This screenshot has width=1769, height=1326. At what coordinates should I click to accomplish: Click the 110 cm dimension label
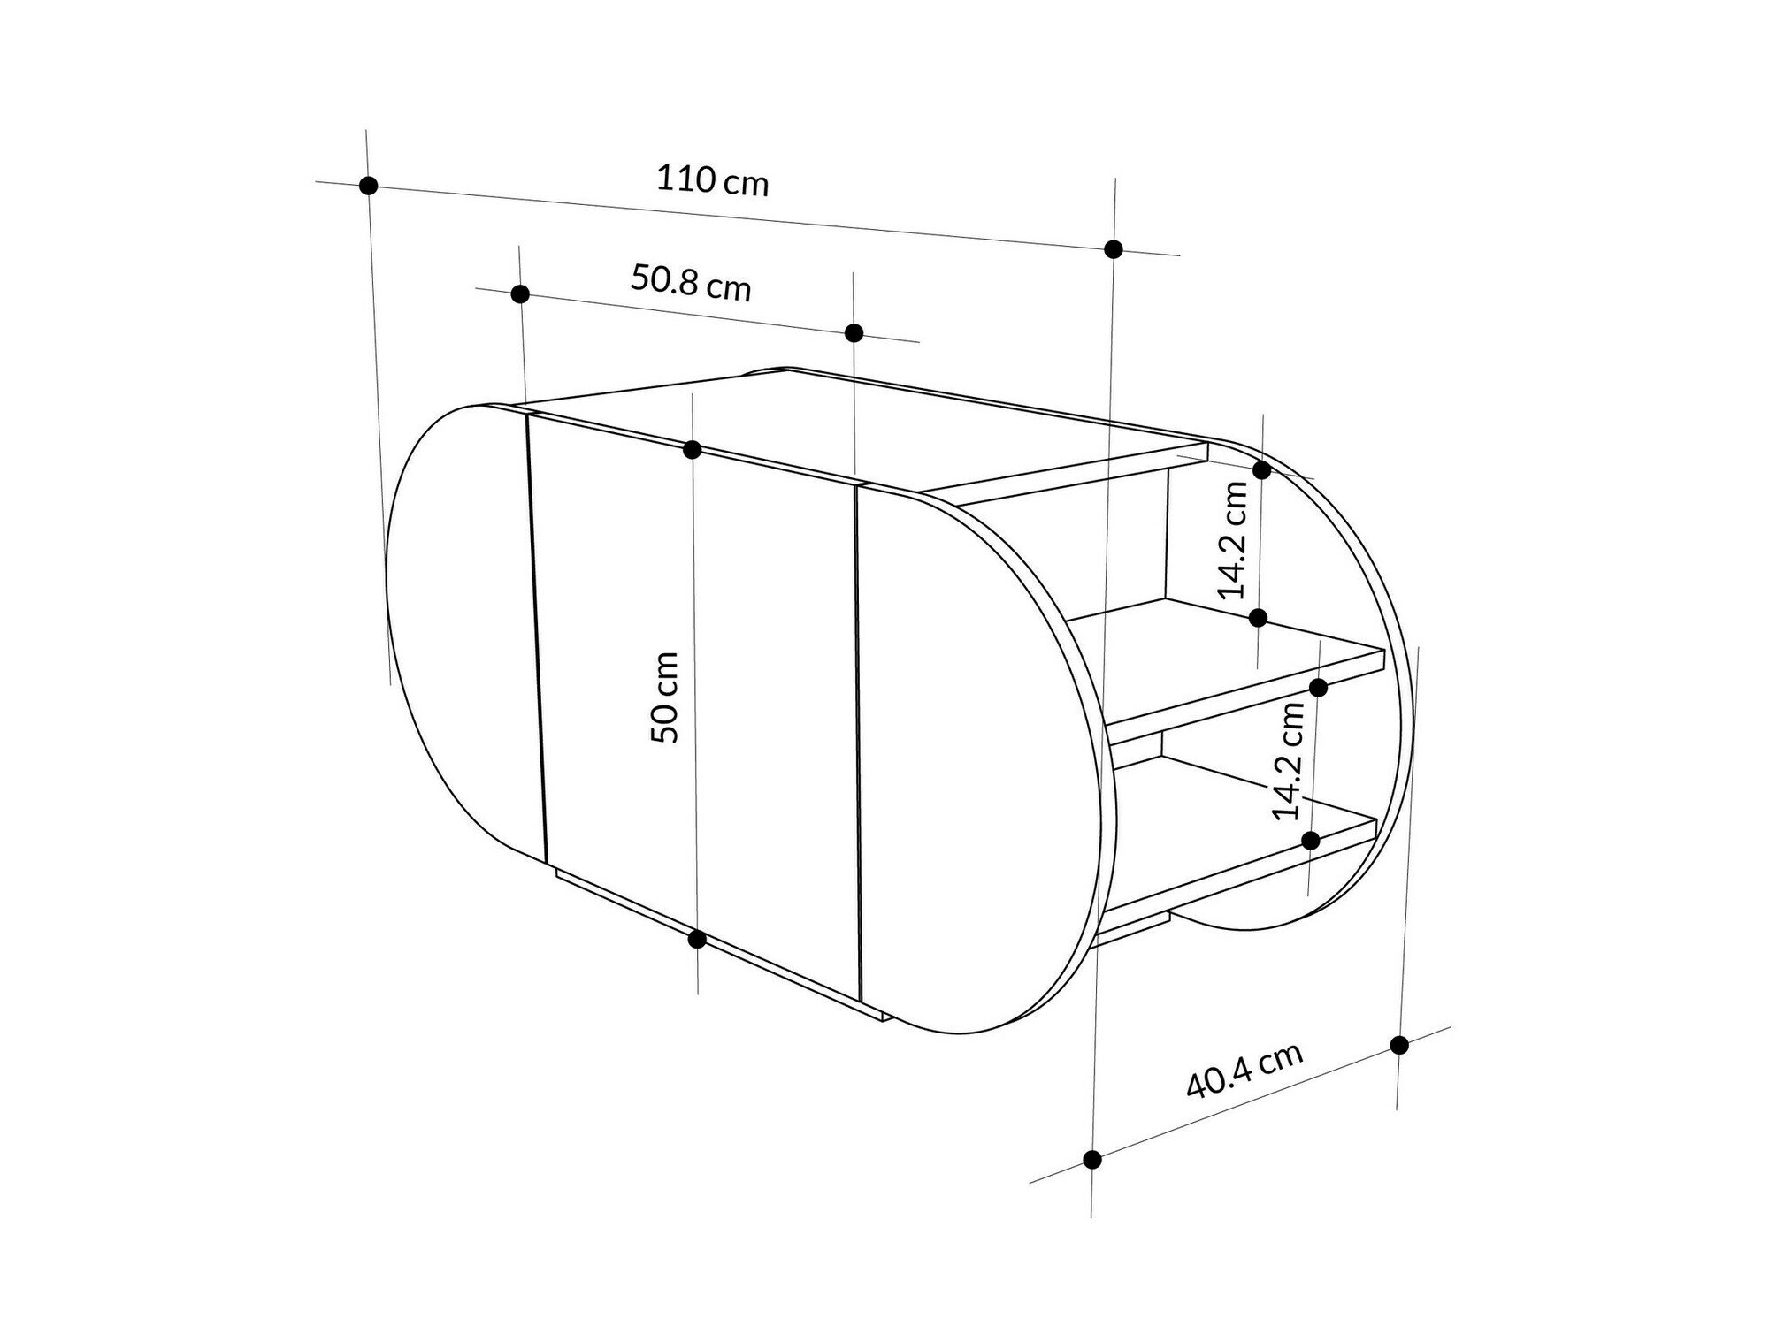coord(713,181)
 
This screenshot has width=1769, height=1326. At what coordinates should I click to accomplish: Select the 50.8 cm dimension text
coord(691,283)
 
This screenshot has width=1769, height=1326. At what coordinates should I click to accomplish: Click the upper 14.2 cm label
coord(1232,540)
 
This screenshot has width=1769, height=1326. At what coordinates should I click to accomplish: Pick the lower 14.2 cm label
coord(1289,760)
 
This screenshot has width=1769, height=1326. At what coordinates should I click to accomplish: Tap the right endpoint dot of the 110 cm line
coord(1114,249)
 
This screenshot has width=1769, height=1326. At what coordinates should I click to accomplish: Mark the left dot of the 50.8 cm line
coord(520,293)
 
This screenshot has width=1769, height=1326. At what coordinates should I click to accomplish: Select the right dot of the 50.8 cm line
coord(854,333)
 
